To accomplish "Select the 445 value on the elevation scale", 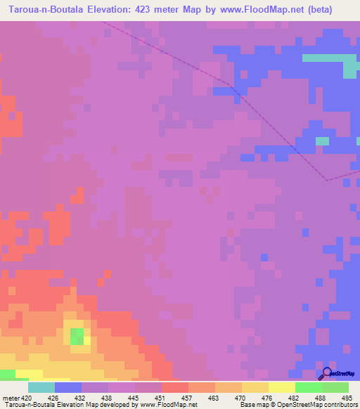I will tap(121, 398).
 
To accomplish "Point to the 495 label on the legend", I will tap(347, 398).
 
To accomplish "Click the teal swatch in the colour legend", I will tap(41, 387).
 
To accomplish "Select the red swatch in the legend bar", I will tap(175, 387).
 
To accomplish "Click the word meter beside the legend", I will tap(11, 398).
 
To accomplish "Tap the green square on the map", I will tap(77, 336).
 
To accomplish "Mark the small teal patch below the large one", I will tap(321, 141).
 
